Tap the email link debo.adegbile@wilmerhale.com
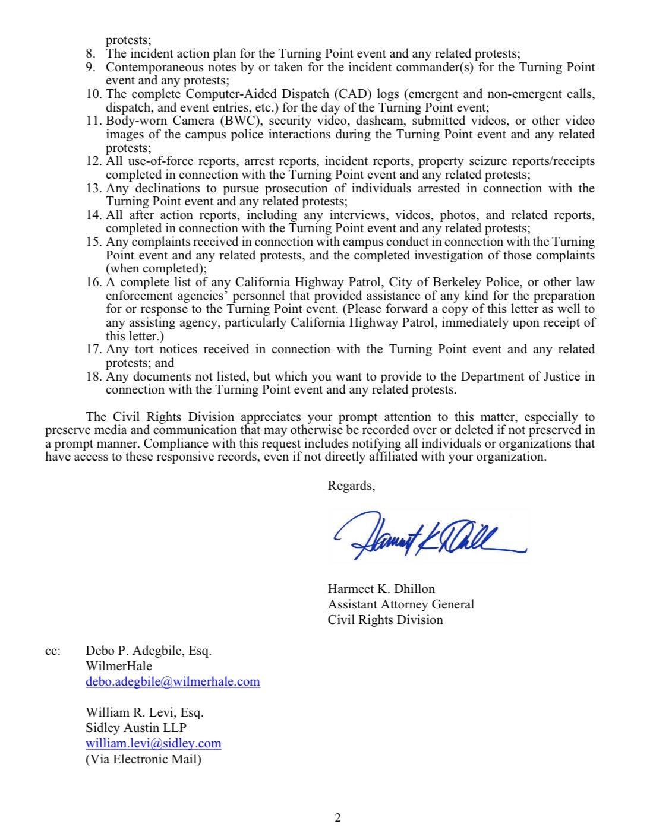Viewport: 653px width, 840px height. tap(172, 681)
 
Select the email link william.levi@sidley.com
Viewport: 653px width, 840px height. tap(153, 743)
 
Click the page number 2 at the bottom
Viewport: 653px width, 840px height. tap(338, 818)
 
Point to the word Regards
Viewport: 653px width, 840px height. tap(351, 486)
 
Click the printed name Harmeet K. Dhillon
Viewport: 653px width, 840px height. tap(381, 589)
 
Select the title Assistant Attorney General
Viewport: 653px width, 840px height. tap(400, 604)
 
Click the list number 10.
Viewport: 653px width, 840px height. tap(94, 94)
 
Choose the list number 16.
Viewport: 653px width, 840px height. tap(94, 282)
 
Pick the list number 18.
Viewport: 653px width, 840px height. tap(94, 376)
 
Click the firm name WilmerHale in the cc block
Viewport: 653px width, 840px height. tap(119, 666)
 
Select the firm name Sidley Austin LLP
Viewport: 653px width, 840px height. tap(136, 728)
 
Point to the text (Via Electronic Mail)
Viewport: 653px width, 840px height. tap(143, 759)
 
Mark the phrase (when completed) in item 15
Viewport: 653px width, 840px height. tap(156, 268)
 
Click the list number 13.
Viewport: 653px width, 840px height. tap(94, 188)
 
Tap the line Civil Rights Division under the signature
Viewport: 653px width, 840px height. tap(385, 620)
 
